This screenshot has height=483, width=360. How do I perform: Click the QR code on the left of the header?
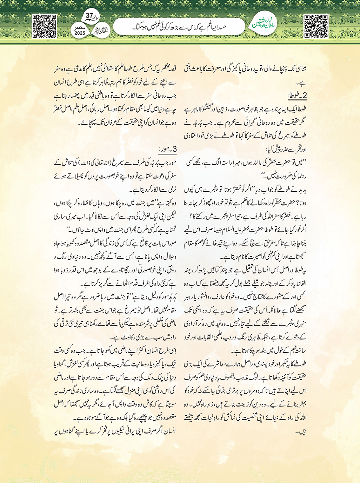[x=44, y=26]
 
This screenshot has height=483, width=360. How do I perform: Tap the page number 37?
[x=89, y=16]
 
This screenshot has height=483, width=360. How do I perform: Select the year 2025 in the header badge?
[x=80, y=33]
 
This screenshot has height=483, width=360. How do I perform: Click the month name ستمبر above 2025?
[x=80, y=27]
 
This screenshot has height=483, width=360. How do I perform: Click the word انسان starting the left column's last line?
[x=169, y=431]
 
